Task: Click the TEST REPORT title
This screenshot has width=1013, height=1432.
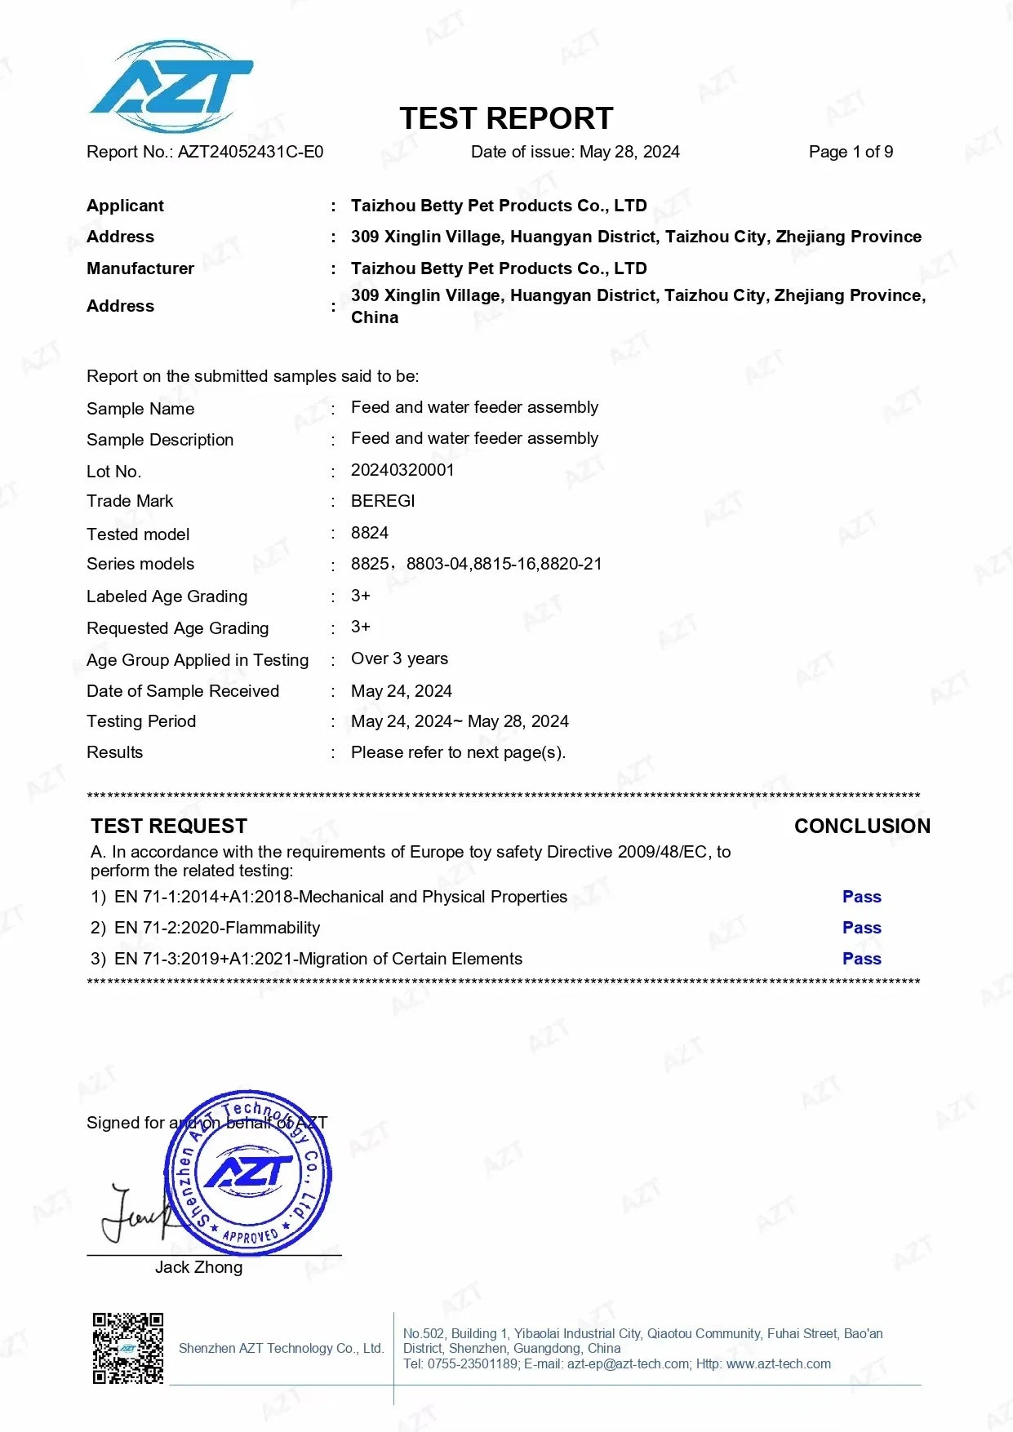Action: pos(506,119)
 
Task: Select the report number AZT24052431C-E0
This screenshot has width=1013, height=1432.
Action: pos(251,152)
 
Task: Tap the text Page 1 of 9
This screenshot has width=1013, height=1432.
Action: pos(851,152)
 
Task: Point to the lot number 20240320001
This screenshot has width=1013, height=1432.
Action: pos(402,470)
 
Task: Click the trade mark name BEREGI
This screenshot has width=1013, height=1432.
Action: pos(383,501)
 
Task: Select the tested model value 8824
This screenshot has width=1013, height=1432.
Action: pos(370,533)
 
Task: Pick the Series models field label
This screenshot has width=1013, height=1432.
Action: pos(140,564)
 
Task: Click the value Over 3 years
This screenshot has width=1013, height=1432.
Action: pos(399,658)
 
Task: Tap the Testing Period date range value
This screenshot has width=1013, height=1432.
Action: pos(460,721)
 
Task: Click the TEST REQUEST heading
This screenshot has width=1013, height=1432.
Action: pos(169,826)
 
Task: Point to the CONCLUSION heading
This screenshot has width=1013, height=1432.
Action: pos(862,826)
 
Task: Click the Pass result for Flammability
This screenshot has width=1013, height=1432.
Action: pos(862,928)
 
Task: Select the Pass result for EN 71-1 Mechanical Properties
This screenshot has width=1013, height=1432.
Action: pos(862,897)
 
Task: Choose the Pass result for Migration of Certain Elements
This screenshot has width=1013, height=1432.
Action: pos(862,959)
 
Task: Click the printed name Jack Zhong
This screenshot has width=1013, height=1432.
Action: pos(198,1267)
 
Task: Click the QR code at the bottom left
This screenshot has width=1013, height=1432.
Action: pos(128,1348)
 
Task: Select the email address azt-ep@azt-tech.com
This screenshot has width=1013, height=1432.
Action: pos(629,1364)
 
